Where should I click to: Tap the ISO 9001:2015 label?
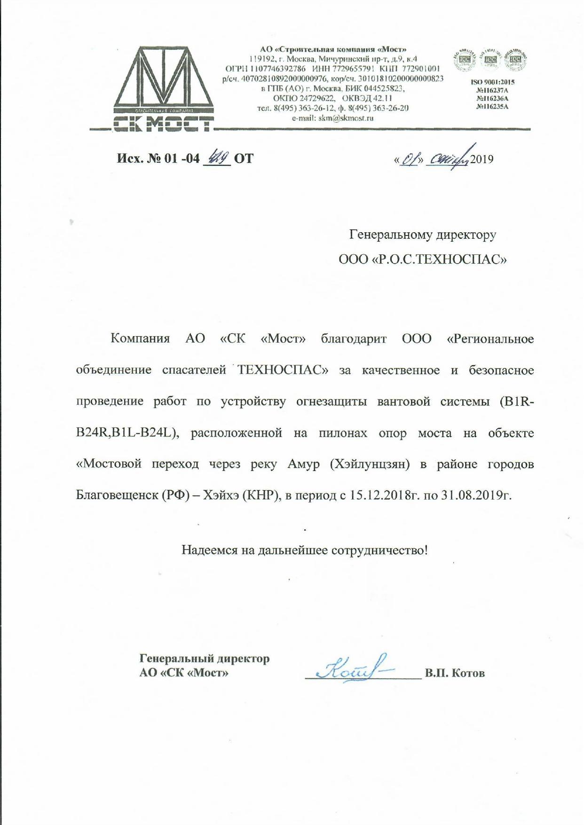pos(492,82)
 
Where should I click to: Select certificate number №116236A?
pos(492,98)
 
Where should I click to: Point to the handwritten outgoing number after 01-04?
pos(217,157)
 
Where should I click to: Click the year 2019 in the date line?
pos(481,159)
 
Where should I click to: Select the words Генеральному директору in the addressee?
pos(422,234)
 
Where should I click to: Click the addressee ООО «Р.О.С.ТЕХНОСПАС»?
pos(422,259)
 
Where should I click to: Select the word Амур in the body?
pos(303,464)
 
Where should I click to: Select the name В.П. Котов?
pos(454,673)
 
